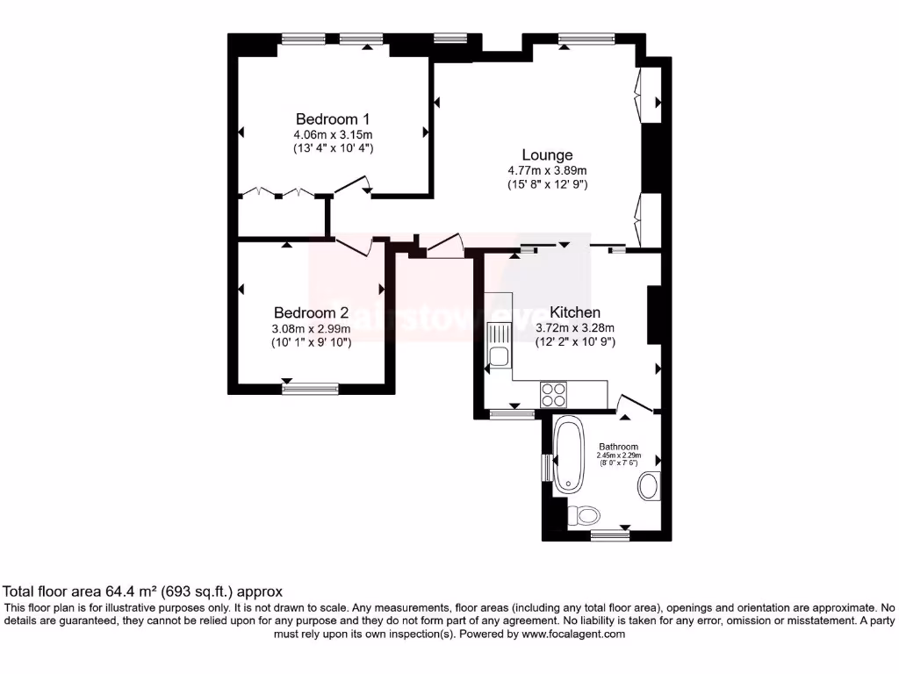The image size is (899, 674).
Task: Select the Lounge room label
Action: (x=547, y=155)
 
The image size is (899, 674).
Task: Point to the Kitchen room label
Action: (x=575, y=312)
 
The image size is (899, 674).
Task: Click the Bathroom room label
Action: (x=619, y=447)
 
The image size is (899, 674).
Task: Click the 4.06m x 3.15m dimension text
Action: (x=333, y=135)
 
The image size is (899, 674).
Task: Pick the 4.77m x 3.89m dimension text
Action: (x=547, y=171)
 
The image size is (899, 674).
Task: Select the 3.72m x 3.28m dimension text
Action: (x=575, y=328)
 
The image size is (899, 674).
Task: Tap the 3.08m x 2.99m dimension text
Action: (x=311, y=328)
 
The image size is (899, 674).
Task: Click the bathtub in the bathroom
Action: (x=569, y=455)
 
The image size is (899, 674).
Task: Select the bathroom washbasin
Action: (x=650, y=485)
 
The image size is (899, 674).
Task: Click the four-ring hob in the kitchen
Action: (x=554, y=394)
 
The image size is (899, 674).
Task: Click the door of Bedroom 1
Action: (x=354, y=184)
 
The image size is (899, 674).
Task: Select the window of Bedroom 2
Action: (x=310, y=386)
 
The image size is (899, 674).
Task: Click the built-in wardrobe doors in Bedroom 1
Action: (x=278, y=191)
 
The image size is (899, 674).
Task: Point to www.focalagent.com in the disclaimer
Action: (x=572, y=634)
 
